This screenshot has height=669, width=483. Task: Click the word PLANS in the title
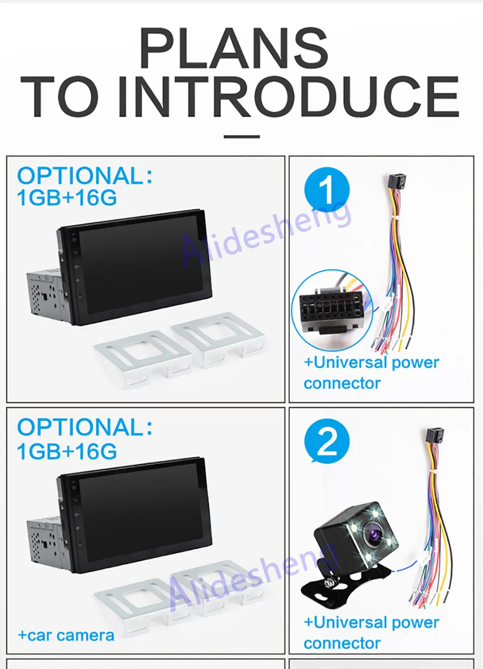pos(234,48)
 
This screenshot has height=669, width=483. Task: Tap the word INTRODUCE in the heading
pos(288,97)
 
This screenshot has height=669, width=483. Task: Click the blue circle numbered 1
pos(327,189)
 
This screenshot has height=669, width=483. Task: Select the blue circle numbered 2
pos(327,441)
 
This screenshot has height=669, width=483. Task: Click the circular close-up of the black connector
pos(332,311)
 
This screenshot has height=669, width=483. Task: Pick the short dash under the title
pos(241,136)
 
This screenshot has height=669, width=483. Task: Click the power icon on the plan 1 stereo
pos(73,239)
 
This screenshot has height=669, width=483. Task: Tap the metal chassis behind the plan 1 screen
pos(45,293)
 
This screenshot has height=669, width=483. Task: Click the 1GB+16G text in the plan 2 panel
pos(67,451)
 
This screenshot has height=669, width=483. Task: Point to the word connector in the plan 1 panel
pos(342,383)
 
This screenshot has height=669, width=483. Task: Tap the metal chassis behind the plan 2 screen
pos(45,540)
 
